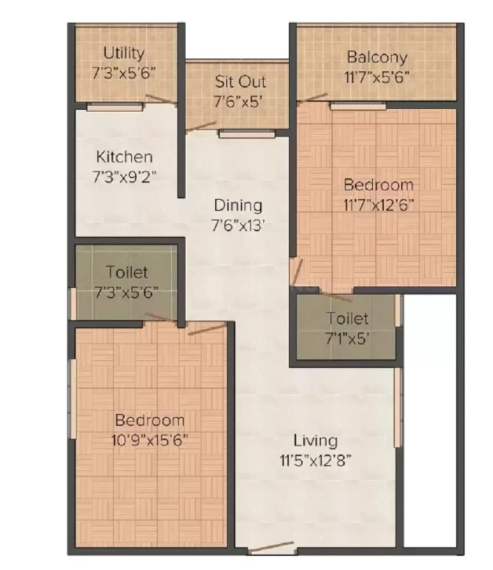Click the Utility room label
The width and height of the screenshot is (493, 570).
(124, 53)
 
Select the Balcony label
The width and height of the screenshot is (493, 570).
(377, 57)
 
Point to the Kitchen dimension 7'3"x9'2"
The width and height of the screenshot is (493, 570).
(125, 177)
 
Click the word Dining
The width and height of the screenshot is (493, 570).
(238, 206)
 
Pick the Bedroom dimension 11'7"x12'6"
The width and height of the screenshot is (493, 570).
(379, 205)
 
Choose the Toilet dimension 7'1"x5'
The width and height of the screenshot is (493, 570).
(348, 338)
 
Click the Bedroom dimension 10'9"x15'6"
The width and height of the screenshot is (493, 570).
(150, 440)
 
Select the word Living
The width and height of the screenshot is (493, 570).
(316, 441)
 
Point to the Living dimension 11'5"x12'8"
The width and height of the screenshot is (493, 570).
(316, 461)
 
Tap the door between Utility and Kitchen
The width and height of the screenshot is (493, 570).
(161, 99)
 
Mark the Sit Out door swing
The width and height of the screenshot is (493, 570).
(201, 126)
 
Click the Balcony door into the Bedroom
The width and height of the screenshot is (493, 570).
(312, 97)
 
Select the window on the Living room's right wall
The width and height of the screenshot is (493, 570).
(398, 407)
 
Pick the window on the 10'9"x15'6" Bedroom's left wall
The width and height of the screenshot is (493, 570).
(73, 399)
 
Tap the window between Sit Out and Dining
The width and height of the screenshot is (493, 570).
(247, 134)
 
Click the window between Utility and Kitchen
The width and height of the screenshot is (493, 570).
(115, 107)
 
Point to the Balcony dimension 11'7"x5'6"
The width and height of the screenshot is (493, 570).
(377, 77)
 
